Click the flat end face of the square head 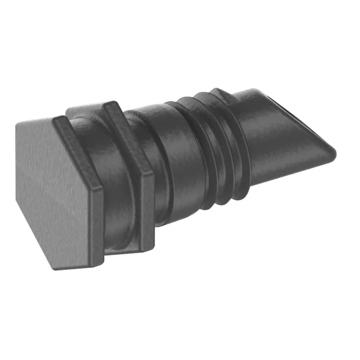coord(54,194)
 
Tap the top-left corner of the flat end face coord(17,124)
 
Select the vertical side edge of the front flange coord(97,223)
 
